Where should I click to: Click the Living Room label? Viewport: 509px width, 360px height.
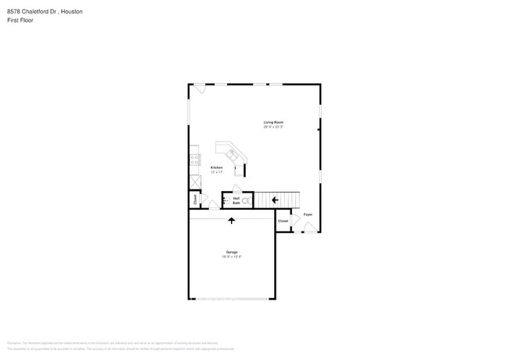[273, 122]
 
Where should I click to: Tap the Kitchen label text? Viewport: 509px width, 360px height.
[217, 167]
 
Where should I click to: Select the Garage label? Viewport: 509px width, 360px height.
[233, 251]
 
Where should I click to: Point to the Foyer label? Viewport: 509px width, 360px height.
[308, 214]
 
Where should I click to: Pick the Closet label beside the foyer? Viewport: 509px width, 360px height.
[283, 221]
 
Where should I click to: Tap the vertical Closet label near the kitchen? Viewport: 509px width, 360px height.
[194, 200]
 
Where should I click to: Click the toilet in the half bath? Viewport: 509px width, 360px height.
[245, 201]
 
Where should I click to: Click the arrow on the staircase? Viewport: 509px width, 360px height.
[275, 200]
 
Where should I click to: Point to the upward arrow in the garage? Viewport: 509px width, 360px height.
[232, 221]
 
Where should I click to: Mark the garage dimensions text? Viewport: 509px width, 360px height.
[233, 256]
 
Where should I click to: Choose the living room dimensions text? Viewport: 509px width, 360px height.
[273, 127]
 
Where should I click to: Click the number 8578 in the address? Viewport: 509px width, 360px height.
[13, 13]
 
